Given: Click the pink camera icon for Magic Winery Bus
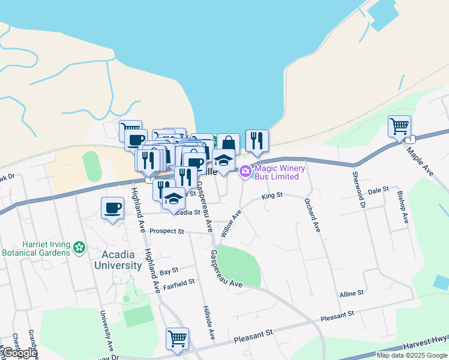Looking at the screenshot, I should (245, 172).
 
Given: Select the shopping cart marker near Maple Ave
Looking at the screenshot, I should (399, 127).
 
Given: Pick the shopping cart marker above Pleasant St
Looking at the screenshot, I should (177, 340).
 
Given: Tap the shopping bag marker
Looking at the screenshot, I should (228, 144).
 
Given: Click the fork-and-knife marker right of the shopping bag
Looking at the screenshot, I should (257, 141).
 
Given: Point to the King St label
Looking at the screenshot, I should (272, 196).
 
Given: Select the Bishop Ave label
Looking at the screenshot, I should (402, 207).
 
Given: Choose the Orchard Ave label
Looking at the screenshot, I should (312, 215).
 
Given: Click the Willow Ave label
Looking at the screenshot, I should (231, 223).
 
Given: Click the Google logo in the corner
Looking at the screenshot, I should (19, 353).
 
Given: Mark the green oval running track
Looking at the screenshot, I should (92, 166).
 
